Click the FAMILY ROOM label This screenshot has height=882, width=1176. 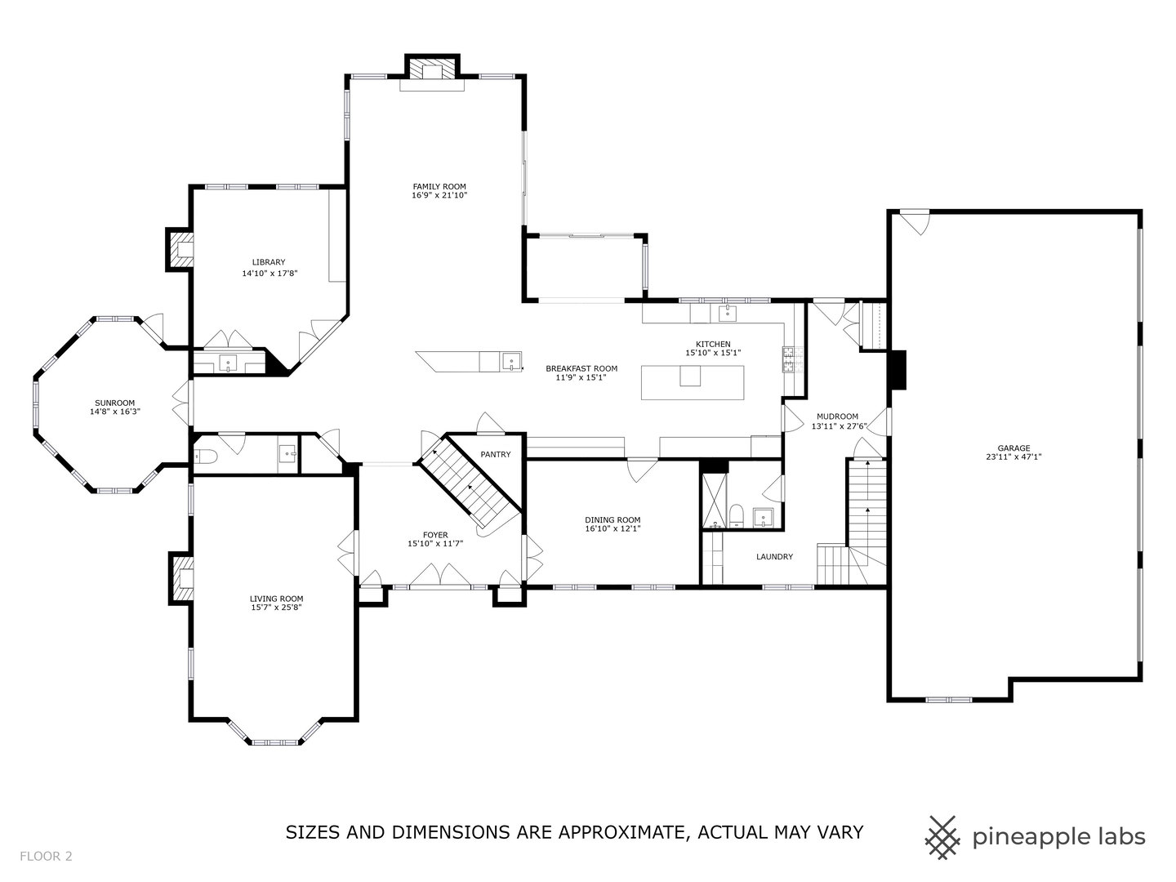click(x=439, y=187)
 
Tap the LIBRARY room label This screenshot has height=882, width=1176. click(x=269, y=262)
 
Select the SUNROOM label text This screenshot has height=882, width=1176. click(x=114, y=403)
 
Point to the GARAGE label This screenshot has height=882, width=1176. click(x=1013, y=448)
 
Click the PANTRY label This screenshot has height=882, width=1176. click(x=496, y=454)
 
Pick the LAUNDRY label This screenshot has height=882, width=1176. click(x=774, y=557)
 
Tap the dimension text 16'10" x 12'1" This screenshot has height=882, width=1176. click(x=612, y=528)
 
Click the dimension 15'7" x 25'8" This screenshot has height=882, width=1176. click(x=276, y=608)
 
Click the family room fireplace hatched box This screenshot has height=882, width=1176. click(x=432, y=69)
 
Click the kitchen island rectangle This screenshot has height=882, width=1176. click(x=692, y=383)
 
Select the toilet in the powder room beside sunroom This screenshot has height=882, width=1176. click(x=204, y=457)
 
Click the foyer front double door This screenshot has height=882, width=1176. click(x=439, y=577)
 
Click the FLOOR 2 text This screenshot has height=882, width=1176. click(x=47, y=857)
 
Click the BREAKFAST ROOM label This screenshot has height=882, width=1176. click(x=581, y=368)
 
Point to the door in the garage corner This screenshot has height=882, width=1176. click(x=915, y=221)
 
